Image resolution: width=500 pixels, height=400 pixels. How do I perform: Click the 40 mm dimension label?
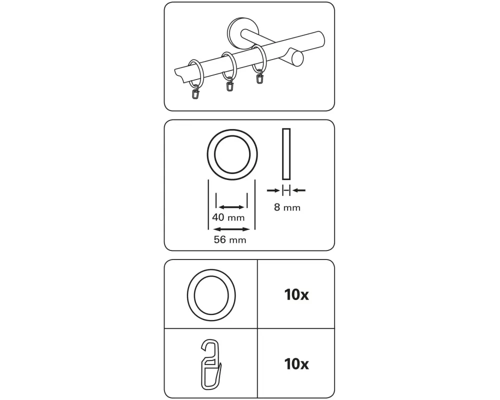[228, 217]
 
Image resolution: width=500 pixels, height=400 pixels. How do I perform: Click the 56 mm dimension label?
[230, 239]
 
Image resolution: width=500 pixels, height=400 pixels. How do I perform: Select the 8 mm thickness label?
[287, 207]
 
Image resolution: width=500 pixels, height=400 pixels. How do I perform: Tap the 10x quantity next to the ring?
[296, 294]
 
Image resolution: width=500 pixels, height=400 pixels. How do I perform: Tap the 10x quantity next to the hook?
[296, 363]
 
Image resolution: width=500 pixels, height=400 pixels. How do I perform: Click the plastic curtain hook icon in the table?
[211, 364]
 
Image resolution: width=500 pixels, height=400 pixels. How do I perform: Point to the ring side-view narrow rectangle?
[286, 154]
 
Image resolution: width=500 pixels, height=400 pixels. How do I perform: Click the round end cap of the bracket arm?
[297, 58]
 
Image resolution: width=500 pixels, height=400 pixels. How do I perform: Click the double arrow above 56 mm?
[231, 229]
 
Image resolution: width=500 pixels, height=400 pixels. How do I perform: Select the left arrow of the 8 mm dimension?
[273, 190]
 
